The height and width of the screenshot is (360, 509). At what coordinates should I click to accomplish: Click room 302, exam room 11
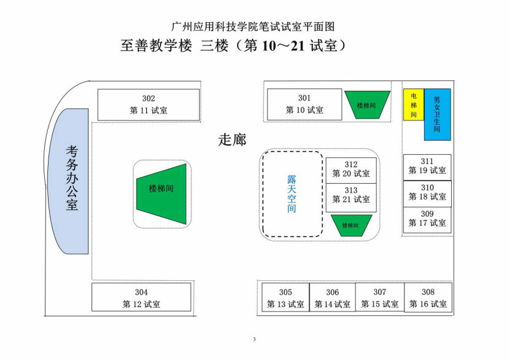149,104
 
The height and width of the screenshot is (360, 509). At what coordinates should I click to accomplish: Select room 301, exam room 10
304,104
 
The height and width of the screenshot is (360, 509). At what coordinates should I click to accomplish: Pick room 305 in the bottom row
285,298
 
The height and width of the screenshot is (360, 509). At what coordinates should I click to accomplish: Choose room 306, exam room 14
333,298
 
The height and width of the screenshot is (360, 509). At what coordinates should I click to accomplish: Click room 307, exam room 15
380,298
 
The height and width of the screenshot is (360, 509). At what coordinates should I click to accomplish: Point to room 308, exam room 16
428,298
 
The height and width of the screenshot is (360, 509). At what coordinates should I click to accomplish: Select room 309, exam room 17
427,219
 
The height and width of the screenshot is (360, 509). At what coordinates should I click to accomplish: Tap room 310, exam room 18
427,193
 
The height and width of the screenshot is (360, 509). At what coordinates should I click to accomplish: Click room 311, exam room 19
427,166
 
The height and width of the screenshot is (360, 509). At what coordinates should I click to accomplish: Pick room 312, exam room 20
351,169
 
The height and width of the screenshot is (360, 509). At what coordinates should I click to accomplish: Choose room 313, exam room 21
351,195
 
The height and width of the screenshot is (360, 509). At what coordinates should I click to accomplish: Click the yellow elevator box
414,105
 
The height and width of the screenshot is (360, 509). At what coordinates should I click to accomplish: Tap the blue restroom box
437,114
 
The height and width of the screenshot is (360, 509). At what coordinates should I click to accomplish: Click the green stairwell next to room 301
367,104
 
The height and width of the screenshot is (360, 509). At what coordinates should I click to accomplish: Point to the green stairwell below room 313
351,225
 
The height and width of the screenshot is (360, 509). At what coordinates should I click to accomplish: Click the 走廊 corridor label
232,139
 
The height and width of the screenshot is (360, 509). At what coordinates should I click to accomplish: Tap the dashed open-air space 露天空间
292,194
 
